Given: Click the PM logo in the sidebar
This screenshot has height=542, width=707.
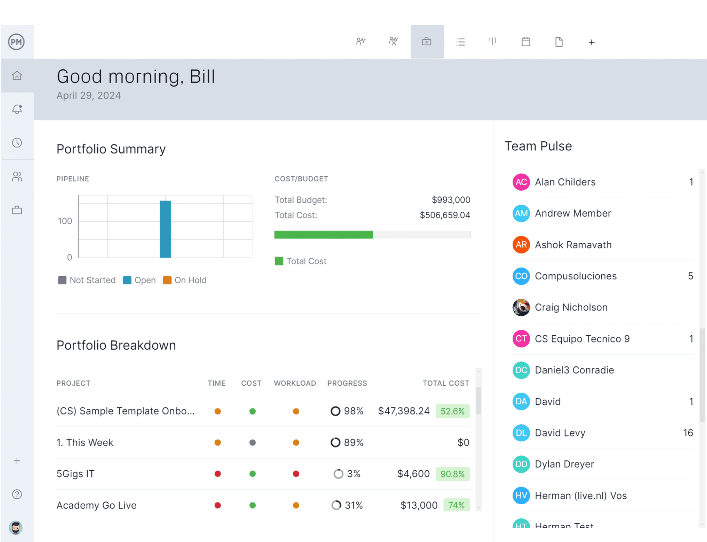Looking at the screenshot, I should click(16, 42).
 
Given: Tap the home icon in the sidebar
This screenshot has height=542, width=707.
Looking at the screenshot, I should click(17, 75).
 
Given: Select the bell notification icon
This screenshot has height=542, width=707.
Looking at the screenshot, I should click(17, 109).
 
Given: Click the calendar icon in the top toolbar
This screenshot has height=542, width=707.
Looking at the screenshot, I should click(526, 42).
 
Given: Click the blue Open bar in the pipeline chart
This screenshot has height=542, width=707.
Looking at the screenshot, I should click(165, 229).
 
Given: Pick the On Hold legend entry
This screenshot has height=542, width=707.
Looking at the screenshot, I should click(185, 280).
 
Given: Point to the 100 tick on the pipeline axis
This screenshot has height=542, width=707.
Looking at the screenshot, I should click(65, 221).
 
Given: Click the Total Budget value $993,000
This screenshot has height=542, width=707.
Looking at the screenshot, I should click(450, 200).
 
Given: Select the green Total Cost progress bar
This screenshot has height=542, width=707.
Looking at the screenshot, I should click(323, 234).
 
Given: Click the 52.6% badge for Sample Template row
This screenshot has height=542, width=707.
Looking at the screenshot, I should click(452, 411).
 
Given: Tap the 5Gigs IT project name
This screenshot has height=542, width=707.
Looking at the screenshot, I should click(75, 474).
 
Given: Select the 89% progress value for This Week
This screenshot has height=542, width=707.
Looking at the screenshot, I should click(353, 442).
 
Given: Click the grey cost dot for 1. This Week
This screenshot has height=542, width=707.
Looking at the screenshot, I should click(252, 442).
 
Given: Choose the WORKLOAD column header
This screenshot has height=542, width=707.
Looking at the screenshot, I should click(295, 383).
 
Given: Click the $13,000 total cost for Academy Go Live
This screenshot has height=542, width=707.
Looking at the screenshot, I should click(419, 505).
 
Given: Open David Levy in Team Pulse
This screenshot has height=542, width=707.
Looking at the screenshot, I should click(560, 433).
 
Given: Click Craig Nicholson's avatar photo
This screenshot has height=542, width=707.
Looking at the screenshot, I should click(521, 307).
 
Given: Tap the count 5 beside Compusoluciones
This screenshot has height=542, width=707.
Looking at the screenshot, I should click(690, 276).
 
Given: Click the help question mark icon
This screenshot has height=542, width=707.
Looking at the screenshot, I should click(17, 494).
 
